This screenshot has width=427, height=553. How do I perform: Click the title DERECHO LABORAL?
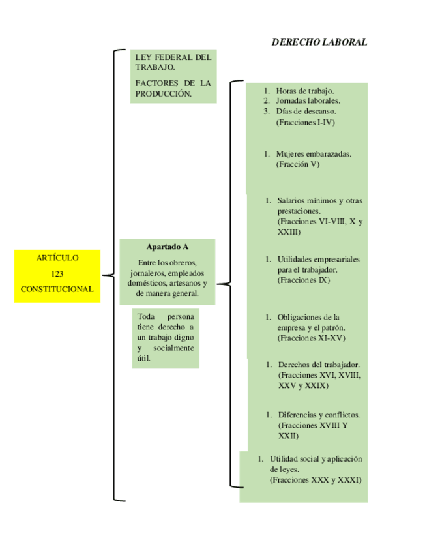click(319, 42)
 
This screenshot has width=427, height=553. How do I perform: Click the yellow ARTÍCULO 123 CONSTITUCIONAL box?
click(57, 276)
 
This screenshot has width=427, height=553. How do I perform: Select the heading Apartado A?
click(168, 247)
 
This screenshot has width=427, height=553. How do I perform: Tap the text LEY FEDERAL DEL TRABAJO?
click(173, 62)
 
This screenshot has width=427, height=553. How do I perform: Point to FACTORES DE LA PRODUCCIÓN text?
click(173, 88)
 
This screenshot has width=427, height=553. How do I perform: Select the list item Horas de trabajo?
click(304, 91)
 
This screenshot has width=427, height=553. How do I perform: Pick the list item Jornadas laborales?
click(308, 101)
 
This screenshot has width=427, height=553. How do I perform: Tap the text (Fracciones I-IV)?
click(305, 122)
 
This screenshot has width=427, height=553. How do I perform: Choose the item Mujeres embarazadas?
click(314, 154)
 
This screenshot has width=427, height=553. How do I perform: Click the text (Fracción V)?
click(297, 164)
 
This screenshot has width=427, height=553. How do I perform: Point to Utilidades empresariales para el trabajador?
click(318, 264)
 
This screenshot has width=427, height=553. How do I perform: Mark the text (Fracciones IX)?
click(304, 280)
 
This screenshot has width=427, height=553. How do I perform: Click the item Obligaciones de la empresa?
click(310, 322)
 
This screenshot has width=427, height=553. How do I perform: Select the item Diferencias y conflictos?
click(319, 415)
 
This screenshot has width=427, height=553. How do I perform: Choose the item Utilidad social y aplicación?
click(316, 459)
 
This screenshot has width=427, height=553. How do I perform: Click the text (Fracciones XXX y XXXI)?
click(316, 480)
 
